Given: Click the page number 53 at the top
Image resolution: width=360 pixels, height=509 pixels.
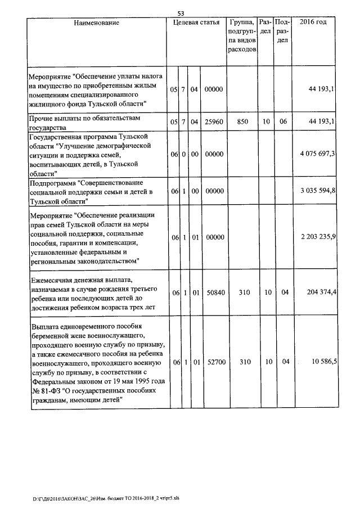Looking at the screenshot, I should [x=181, y=13].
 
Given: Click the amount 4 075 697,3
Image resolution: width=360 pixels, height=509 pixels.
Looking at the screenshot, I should [x=318, y=154].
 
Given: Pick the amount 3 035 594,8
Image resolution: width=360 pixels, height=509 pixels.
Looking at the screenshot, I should [x=318, y=191].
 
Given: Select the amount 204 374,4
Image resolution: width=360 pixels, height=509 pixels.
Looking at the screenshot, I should [x=319, y=292].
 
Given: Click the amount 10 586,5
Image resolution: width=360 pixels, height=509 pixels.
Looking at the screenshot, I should [x=323, y=361].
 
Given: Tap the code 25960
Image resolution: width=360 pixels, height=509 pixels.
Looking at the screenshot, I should [x=213, y=121].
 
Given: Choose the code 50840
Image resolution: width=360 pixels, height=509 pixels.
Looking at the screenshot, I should [x=213, y=292].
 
